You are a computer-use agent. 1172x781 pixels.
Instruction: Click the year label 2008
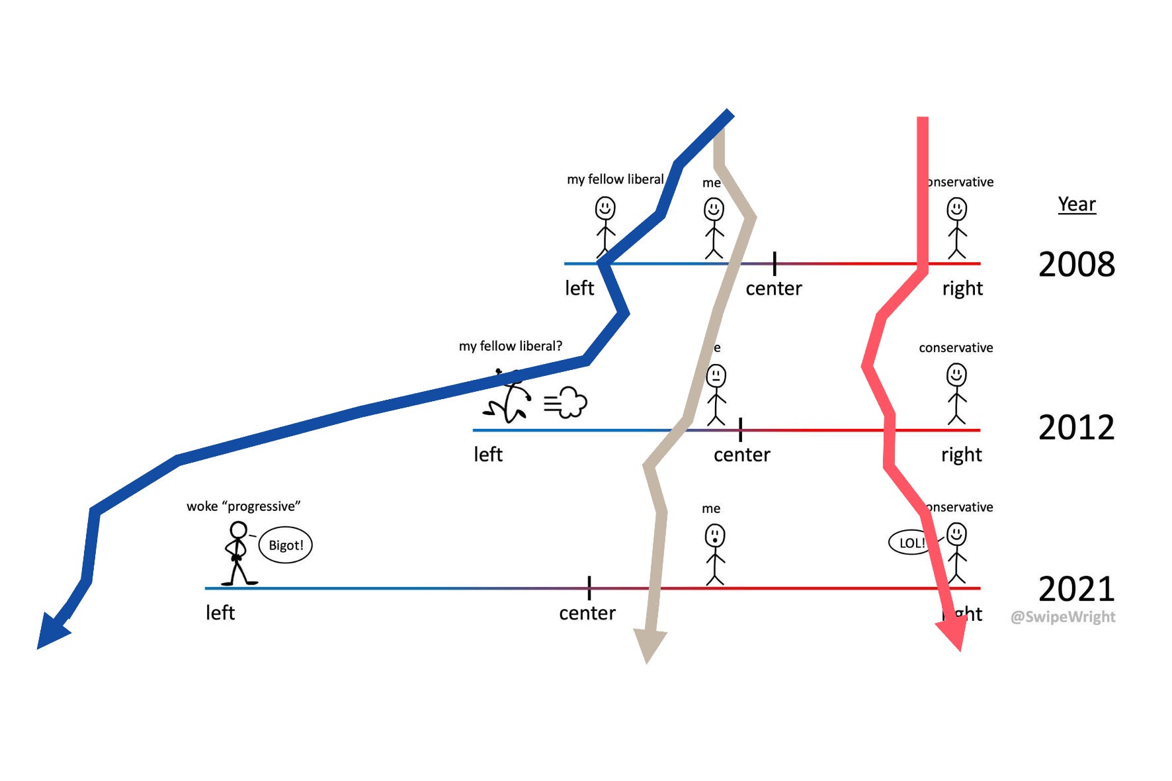coord(1076,265)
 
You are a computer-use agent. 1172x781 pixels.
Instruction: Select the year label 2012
coord(1076,428)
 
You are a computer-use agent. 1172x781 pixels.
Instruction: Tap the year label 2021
coord(1076,588)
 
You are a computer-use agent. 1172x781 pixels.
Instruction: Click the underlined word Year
coord(1077,204)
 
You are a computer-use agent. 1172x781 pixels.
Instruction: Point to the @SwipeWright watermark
coord(1063,617)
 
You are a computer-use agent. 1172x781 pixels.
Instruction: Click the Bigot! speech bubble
coord(285,545)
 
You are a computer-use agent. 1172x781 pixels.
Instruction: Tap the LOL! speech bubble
coord(910,543)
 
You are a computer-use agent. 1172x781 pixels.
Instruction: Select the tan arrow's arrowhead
coord(649,644)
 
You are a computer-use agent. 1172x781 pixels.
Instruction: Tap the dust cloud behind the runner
coord(567,402)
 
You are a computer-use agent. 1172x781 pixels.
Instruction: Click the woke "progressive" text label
coord(243,506)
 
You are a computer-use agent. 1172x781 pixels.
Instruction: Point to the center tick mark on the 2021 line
coord(589,588)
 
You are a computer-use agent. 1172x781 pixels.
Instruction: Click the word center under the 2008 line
coord(773,289)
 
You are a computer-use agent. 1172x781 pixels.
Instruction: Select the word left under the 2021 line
coord(220,613)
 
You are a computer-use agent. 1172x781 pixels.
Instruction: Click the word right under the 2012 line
coord(961,455)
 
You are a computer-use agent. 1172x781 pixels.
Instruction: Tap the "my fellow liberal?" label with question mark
coord(511,346)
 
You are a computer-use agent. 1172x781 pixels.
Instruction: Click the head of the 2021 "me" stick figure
coord(714,535)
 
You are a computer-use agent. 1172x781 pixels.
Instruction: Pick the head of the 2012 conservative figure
coord(956,375)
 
